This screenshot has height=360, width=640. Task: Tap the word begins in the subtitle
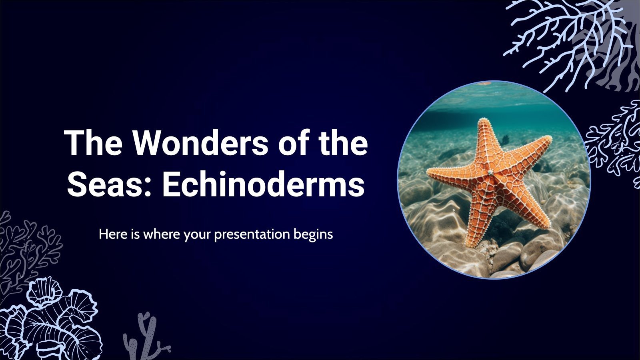[313, 234]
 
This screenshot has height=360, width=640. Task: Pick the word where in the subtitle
[162, 234]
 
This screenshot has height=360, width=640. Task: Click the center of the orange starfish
[490, 173]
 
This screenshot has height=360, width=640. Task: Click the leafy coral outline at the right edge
[616, 140]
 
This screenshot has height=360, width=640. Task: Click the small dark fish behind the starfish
[506, 139]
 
